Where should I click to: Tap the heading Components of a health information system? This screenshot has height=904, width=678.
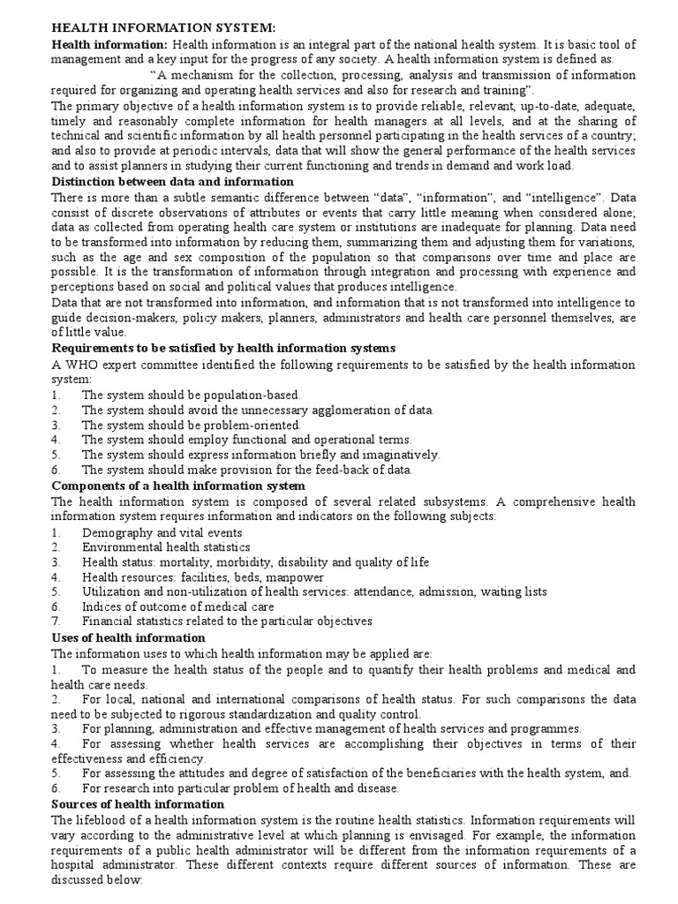click(179, 486)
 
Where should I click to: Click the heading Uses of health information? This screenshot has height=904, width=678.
click(128, 637)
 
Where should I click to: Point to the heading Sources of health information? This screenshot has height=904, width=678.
click(138, 804)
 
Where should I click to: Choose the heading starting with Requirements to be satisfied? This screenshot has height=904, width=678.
click(223, 348)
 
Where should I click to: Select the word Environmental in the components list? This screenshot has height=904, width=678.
click(123, 547)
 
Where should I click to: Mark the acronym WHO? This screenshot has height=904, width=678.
click(81, 364)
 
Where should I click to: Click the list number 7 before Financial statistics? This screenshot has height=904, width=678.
click(56, 621)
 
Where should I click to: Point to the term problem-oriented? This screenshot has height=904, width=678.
click(236, 425)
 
